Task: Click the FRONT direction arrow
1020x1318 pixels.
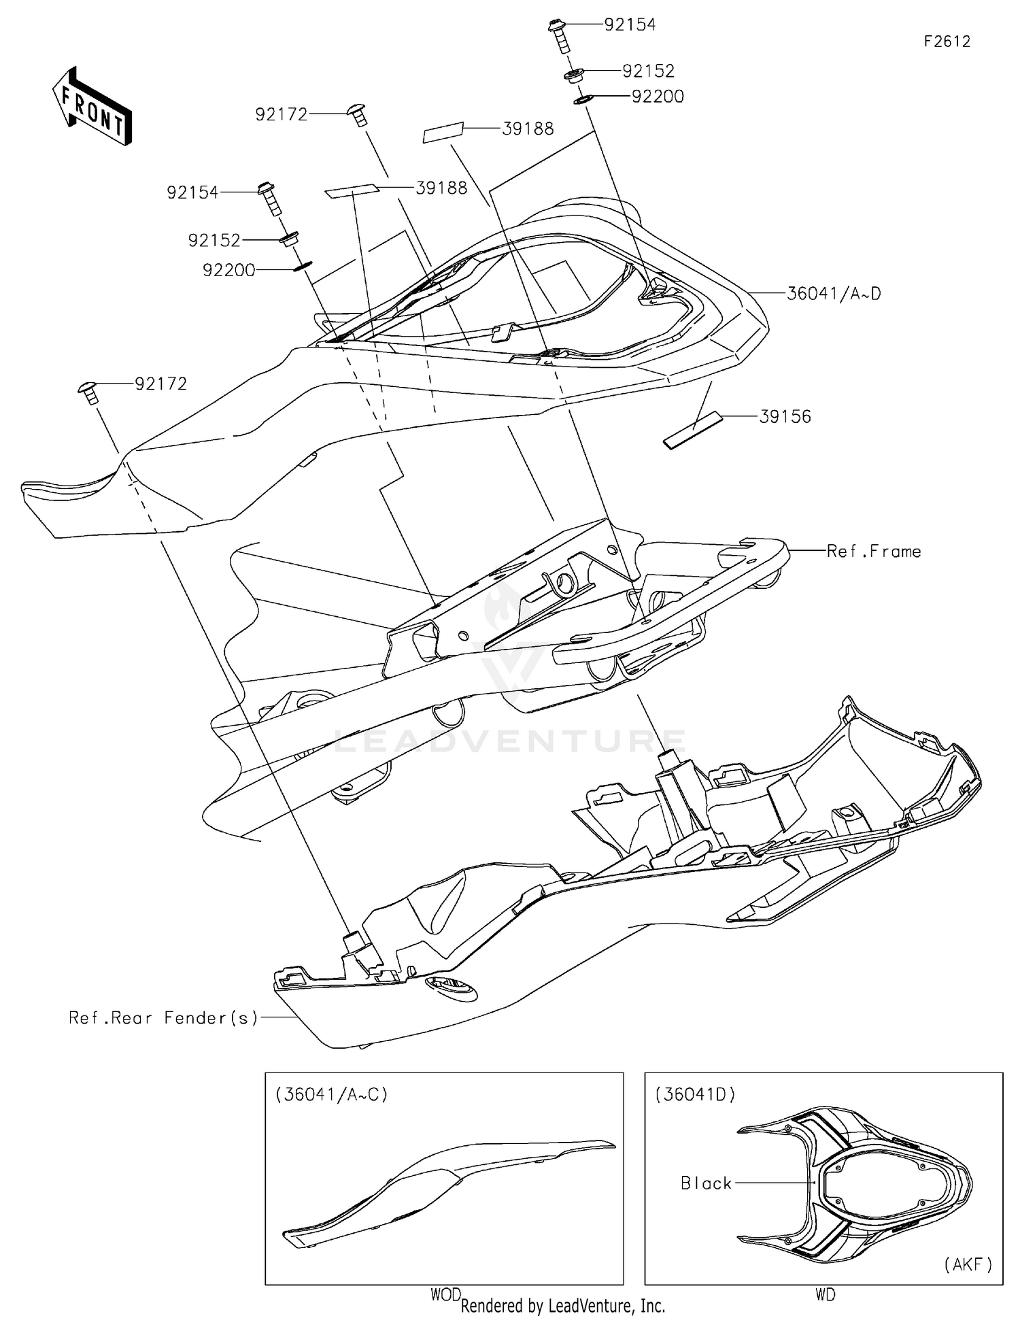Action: pos(91,107)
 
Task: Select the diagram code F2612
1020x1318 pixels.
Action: pos(947,41)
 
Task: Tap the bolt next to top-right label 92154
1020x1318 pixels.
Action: pos(558,35)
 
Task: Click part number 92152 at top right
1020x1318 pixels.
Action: pos(648,71)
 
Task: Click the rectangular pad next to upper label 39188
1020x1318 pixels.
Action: pos(443,133)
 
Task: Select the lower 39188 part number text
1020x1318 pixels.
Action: pos(441,188)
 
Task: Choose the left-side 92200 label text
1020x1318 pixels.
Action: pos(228,271)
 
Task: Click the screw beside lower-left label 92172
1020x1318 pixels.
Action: pos(89,392)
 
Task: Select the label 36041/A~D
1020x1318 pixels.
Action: pos(834,294)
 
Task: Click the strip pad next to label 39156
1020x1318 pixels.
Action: pos(694,430)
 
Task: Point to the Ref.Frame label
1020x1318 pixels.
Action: pos(873,552)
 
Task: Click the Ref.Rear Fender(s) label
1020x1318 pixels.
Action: pos(164,1018)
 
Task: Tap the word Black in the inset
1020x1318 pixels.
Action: pos(706,1183)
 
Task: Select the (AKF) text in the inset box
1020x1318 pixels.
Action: pos(968,1264)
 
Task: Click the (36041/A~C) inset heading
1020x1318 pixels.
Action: pos(331,1095)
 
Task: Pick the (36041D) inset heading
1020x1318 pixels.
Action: pos(695,1095)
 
